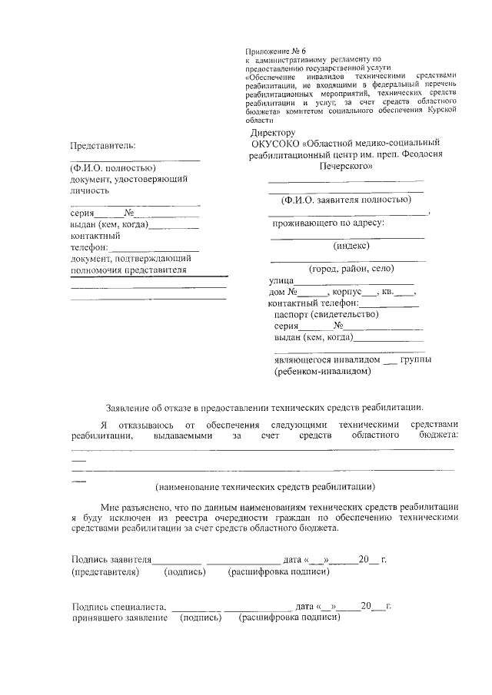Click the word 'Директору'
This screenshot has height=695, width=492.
[273, 133]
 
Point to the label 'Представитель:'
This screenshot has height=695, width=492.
[102, 145]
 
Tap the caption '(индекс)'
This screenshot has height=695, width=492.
[351, 246]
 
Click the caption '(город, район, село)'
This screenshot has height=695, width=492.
[351, 269]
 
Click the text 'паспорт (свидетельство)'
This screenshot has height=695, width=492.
[326, 313]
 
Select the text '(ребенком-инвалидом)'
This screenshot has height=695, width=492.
[323, 371]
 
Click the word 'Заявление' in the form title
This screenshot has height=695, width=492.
[130, 407]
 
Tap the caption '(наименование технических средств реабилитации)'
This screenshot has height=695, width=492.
[264, 486]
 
